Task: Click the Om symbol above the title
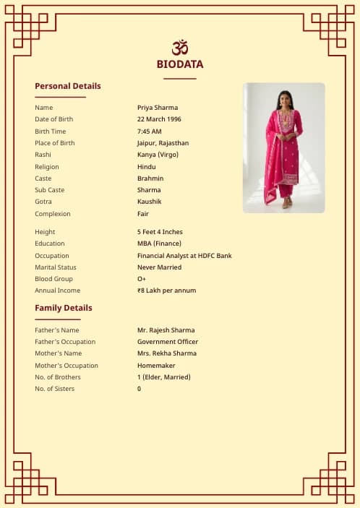[180, 47]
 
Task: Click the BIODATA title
[180, 64]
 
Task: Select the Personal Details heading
[68, 86]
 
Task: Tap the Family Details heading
[64, 308]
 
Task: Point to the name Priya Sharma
[158, 108]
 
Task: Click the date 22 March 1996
[159, 119]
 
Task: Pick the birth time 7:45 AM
[150, 132]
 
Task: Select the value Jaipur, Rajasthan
[163, 143]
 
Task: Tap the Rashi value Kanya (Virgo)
[158, 155]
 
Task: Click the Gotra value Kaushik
[150, 202]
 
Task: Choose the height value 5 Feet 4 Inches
[160, 232]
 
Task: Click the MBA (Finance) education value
[160, 244]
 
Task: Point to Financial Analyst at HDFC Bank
[184, 256]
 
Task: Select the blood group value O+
[142, 279]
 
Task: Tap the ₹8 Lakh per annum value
[166, 290]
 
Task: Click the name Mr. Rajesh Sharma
[166, 330]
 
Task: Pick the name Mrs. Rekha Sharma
[167, 353]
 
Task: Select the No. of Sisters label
[55, 389]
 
